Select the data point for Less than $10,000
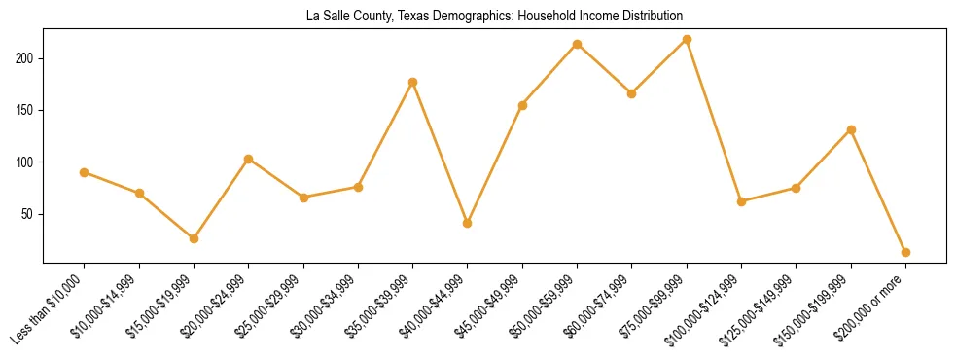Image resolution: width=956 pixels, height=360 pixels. tap(85, 172)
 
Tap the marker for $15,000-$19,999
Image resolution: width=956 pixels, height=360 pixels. tap(194, 238)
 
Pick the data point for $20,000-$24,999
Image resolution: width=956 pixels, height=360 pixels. tap(249, 159)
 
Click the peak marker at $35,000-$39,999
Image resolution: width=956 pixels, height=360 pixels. tap(413, 82)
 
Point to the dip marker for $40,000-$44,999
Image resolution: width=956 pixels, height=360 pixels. tap(468, 223)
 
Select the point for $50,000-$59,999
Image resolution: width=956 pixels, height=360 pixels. tap(578, 44)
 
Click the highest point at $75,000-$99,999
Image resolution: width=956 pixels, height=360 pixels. tap(688, 39)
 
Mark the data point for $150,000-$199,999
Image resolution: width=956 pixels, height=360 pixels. tap(852, 129)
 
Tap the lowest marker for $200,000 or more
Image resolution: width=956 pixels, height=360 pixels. tap(906, 252)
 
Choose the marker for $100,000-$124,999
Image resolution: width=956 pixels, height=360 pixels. tap(742, 201)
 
